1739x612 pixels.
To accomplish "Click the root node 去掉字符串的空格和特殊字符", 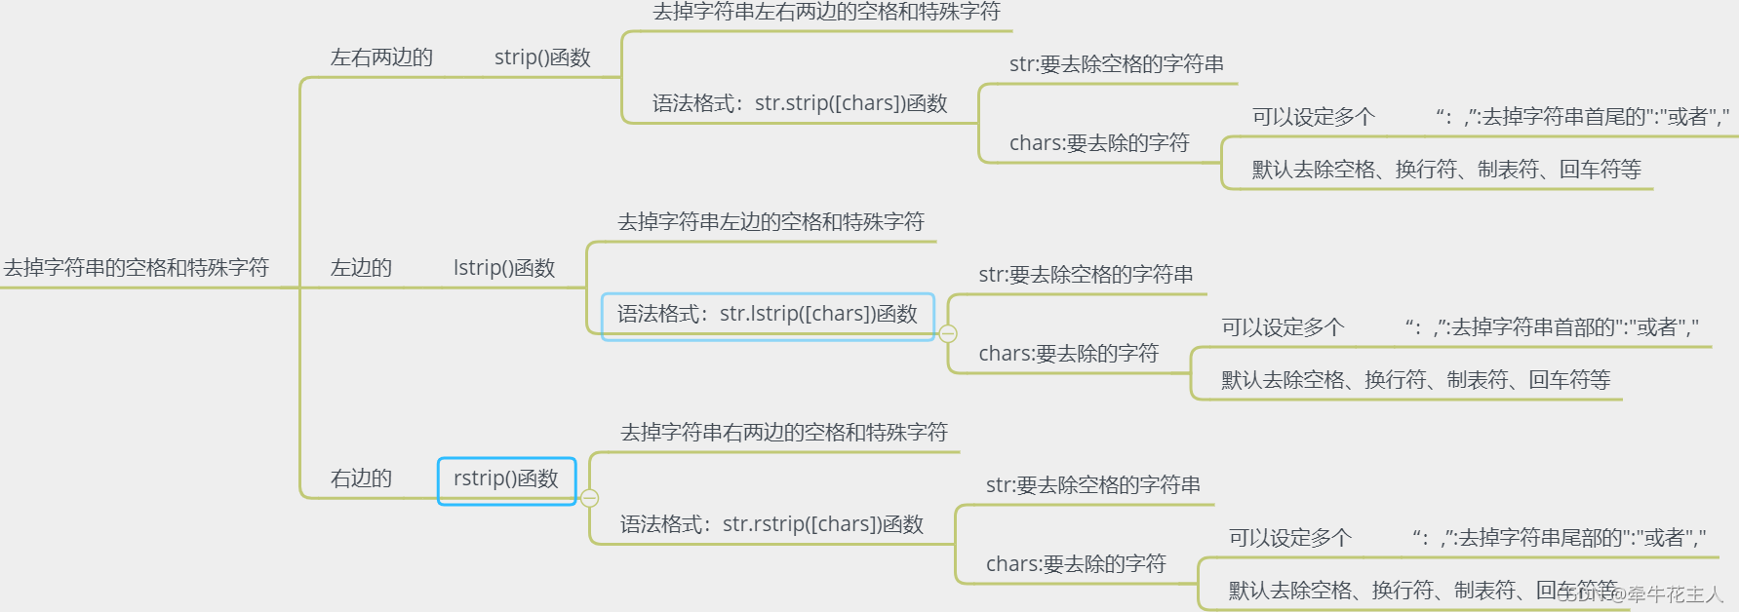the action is [137, 268].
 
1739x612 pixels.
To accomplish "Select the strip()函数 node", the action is [542, 57].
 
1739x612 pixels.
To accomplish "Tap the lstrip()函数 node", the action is [503, 268].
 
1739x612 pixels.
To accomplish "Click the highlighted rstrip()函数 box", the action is [506, 479].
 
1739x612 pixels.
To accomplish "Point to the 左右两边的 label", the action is [381, 57].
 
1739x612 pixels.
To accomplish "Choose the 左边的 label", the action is [361, 268].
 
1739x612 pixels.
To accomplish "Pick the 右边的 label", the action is [361, 478].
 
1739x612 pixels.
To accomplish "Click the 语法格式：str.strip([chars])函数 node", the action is [800, 103].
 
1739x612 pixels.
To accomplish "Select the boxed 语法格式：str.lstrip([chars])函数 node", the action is [768, 315].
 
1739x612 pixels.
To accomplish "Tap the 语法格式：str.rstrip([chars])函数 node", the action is [771, 524].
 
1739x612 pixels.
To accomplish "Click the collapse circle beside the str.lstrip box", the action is [948, 333].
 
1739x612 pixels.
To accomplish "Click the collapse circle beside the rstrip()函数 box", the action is [590, 498].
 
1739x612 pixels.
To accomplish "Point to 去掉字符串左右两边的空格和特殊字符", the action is [826, 12].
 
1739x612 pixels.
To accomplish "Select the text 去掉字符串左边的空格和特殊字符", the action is [771, 222].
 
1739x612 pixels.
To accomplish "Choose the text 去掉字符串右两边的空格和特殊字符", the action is [784, 433].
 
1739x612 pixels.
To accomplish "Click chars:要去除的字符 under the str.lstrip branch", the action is [1068, 354].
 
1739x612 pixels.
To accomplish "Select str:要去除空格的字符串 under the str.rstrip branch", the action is [1092, 485].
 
